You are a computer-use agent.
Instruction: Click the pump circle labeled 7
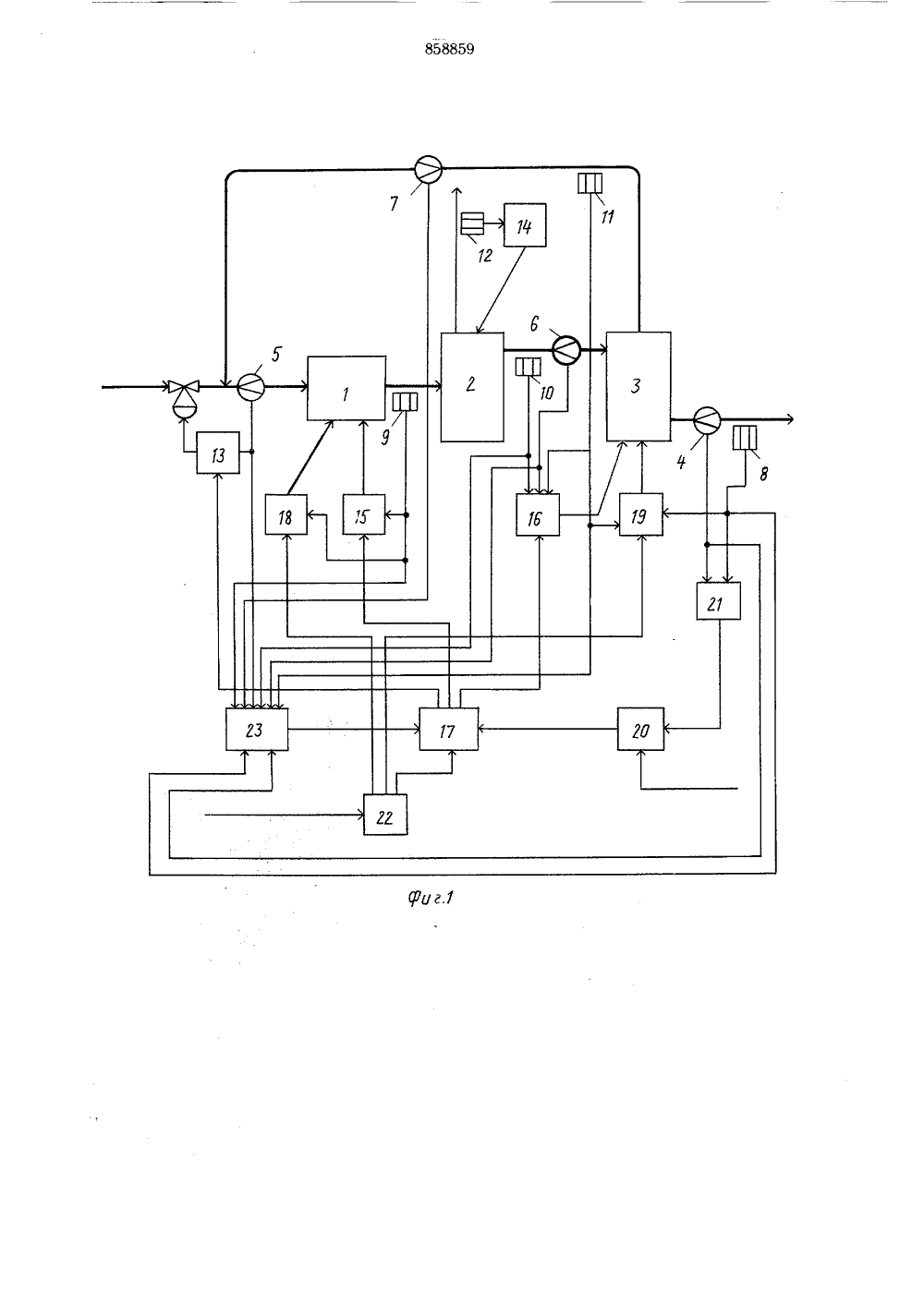click(x=428, y=170)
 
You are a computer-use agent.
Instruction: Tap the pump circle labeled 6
click(x=566, y=350)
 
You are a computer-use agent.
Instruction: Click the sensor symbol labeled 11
click(x=590, y=183)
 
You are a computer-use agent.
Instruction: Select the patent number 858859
click(x=449, y=50)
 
